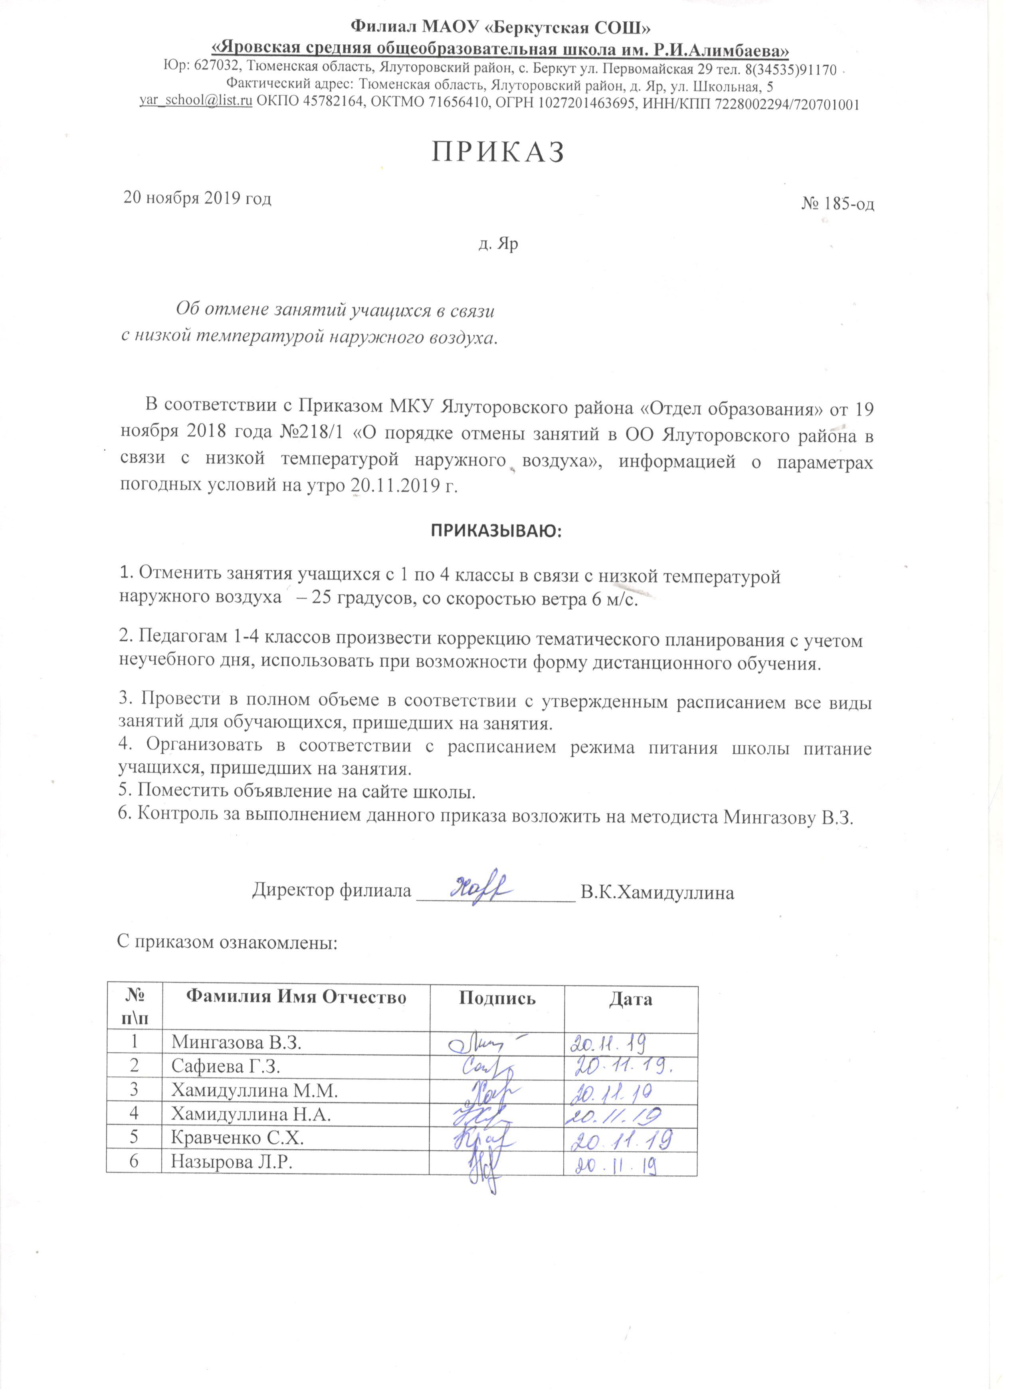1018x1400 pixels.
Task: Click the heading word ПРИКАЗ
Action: point(497,153)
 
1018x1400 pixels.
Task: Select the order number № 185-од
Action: point(837,204)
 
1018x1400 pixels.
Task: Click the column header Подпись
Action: point(497,998)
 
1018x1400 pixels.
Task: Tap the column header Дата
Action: point(630,998)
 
